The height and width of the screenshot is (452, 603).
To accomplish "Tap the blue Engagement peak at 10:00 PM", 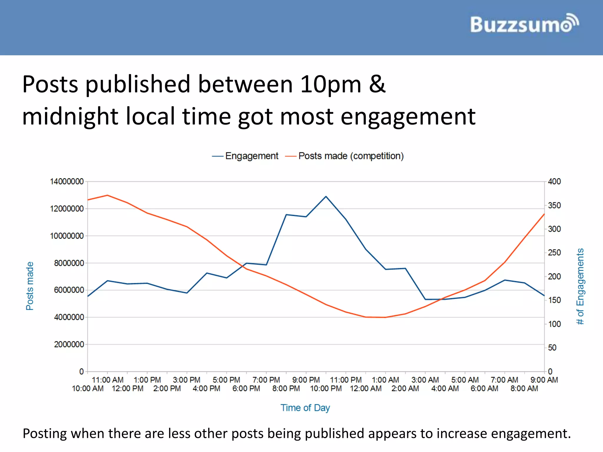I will [326, 196].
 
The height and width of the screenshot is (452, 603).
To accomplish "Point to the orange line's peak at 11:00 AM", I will [107, 195].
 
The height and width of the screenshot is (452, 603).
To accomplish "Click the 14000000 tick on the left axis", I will [67, 182].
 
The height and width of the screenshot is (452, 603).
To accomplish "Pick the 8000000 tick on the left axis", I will [69, 263].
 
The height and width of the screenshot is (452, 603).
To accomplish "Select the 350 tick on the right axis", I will [554, 205].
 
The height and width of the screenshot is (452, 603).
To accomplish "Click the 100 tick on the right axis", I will [554, 324].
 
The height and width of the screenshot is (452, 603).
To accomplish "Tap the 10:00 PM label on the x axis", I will [326, 388].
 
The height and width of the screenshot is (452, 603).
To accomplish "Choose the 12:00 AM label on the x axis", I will [365, 388].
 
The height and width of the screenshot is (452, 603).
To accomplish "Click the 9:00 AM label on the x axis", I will [544, 380].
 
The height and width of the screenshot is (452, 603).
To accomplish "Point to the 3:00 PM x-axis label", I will [186, 380].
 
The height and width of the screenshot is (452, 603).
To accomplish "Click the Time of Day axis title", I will [305, 408].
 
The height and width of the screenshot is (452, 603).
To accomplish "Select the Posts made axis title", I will [30, 286].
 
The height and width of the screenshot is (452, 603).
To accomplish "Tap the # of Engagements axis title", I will [580, 286].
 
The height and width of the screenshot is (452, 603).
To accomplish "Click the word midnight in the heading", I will [70, 117].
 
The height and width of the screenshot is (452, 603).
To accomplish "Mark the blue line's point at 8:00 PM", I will [286, 215].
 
